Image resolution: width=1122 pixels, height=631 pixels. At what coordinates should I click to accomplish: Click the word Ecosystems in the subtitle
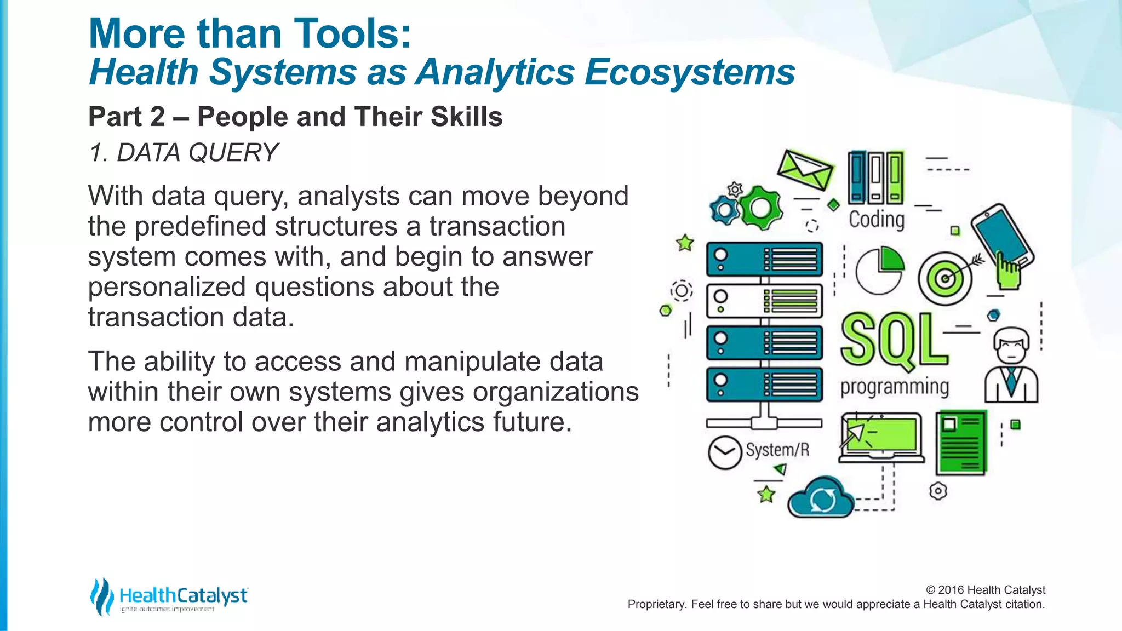[689, 72]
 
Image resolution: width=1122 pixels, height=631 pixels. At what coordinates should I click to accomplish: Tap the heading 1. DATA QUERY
[184, 152]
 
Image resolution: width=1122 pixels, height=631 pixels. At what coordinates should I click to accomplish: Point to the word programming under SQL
[895, 387]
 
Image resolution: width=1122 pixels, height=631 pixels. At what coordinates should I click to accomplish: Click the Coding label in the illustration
[877, 219]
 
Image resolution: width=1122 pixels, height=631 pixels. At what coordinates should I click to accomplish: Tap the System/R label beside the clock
[777, 450]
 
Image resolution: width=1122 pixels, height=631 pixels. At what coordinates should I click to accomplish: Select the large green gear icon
[761, 208]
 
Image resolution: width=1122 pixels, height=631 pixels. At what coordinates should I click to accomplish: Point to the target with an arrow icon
[946, 278]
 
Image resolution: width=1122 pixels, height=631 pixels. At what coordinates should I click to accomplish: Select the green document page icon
[961, 443]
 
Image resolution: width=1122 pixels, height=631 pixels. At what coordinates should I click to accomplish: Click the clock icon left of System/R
[724, 452]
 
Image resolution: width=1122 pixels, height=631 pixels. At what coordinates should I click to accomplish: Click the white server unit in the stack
[764, 301]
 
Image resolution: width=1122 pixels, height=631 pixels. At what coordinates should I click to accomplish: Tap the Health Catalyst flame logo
[101, 596]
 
